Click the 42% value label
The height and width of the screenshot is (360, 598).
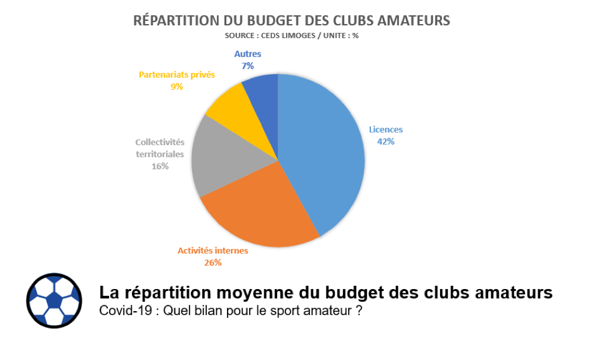coord(386,141)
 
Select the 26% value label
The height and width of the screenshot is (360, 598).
coord(212,262)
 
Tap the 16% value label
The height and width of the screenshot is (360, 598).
coord(160,166)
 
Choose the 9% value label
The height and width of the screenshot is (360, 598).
coord(176,86)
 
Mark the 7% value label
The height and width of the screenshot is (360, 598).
coord(247,66)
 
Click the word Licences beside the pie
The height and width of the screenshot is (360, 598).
coord(386,129)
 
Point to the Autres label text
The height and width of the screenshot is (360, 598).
coord(247,55)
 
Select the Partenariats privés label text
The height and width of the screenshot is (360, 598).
coord(177,74)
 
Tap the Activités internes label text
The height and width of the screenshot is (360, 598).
coord(212,250)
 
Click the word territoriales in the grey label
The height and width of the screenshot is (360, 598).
coord(160,154)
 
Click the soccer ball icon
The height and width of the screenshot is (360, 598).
coord(54,300)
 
